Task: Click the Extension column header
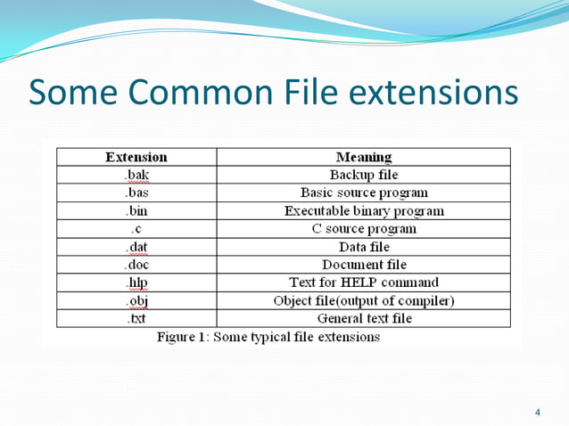(x=136, y=157)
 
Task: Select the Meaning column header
(x=363, y=157)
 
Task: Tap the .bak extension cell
(x=136, y=175)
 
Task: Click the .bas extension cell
(x=136, y=193)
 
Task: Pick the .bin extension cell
(x=136, y=211)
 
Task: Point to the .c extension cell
(x=136, y=229)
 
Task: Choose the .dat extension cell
(x=136, y=247)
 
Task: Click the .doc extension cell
(x=136, y=265)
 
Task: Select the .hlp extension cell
(x=136, y=283)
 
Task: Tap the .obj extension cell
(x=136, y=300)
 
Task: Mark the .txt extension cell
(x=136, y=318)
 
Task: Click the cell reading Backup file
(x=363, y=175)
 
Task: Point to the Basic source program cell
(x=363, y=193)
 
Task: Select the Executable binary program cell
(x=363, y=211)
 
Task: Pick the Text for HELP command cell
(x=363, y=283)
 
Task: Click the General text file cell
(x=363, y=318)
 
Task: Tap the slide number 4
(x=537, y=412)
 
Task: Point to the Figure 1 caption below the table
(x=268, y=337)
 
